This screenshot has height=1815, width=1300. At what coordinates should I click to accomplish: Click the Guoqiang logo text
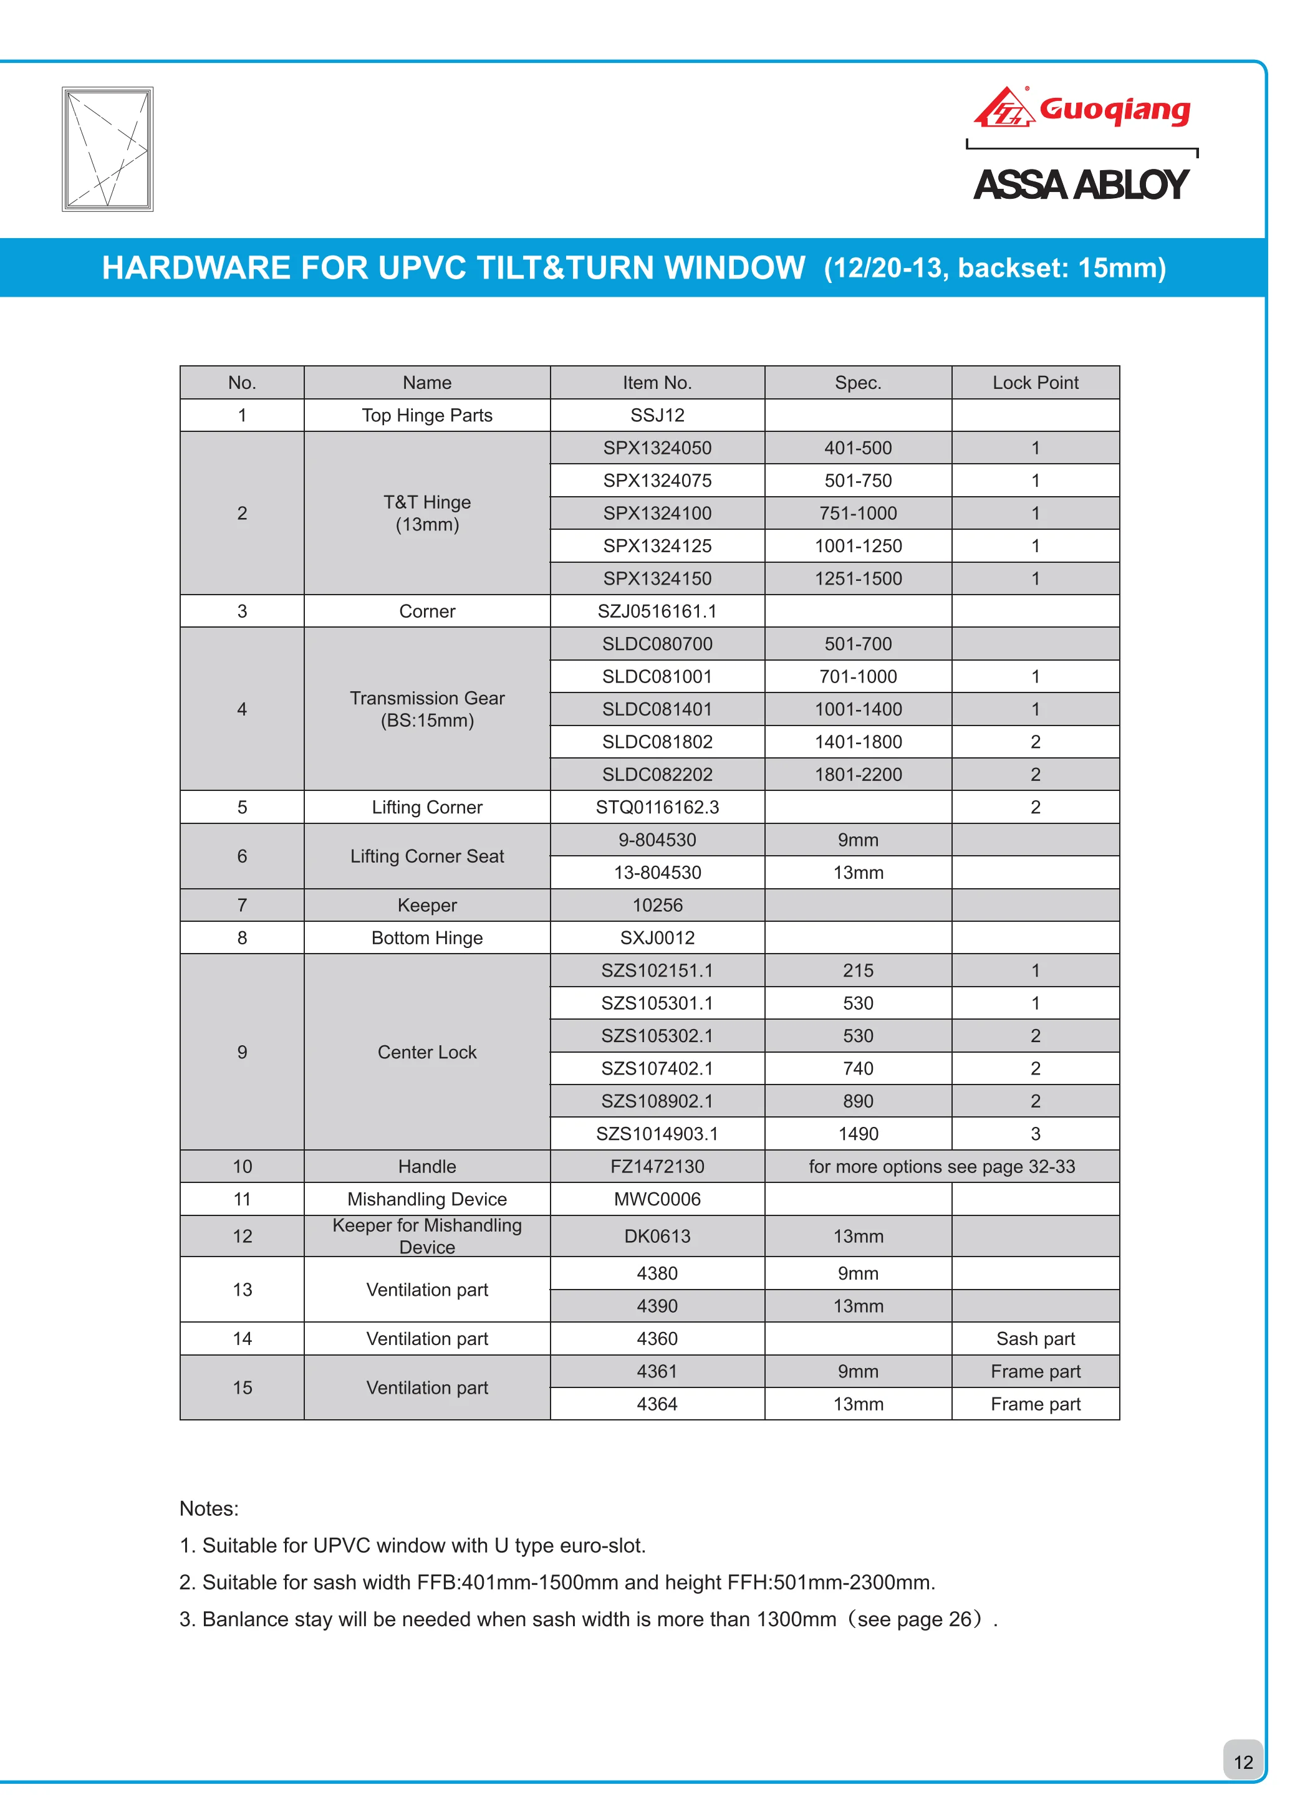(1114, 110)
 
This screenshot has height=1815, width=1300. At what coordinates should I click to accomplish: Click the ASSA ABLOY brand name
(1081, 185)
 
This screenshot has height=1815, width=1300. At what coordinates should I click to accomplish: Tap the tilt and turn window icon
(107, 149)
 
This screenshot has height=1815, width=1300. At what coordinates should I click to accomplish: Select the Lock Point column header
(1035, 383)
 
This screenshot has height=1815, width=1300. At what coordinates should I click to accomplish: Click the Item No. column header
(657, 383)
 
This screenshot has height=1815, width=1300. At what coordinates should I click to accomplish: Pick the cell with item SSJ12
(657, 415)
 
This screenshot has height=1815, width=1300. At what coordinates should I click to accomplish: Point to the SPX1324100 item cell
(657, 513)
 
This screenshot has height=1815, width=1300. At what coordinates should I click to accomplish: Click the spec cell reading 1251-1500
(857, 578)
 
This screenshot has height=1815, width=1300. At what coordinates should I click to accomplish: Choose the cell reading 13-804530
(657, 873)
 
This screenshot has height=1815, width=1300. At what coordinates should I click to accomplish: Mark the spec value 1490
(857, 1134)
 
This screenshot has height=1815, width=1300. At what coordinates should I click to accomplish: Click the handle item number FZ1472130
(657, 1167)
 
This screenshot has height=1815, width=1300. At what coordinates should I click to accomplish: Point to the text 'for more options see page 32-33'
(941, 1167)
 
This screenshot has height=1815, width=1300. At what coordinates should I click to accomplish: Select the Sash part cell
(1035, 1339)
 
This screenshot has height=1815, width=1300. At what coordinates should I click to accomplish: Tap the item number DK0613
(657, 1237)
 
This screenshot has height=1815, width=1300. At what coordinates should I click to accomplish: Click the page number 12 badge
(1243, 1762)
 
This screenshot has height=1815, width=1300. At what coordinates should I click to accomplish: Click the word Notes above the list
(209, 1508)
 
